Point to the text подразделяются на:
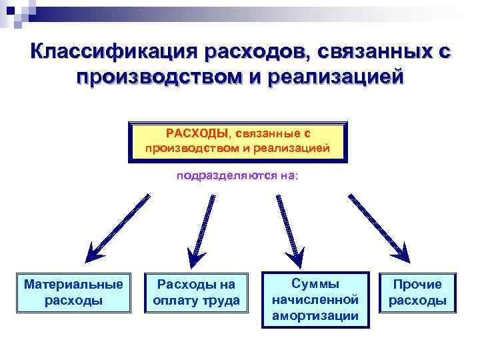[x=237, y=176]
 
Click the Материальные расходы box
[x=73, y=292]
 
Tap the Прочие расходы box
[x=417, y=292]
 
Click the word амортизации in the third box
[x=315, y=315]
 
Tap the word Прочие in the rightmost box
[x=417, y=285]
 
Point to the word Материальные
[x=73, y=285]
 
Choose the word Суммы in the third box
[x=315, y=283]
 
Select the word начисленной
[x=315, y=299]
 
